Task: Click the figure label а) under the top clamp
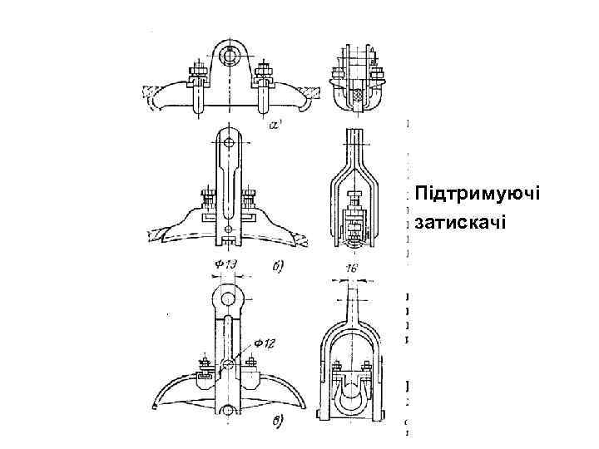pos(277,126)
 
